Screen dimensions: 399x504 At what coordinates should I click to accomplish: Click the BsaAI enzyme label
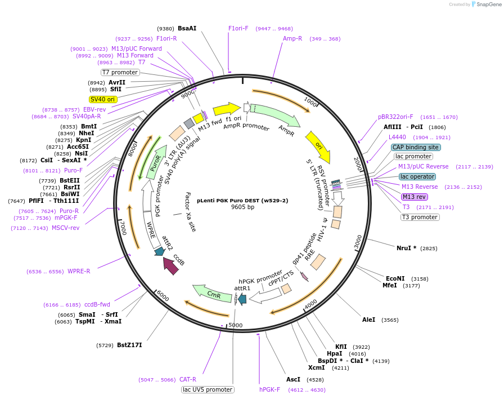pos(187,28)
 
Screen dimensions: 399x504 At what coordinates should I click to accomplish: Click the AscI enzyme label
pos(293,379)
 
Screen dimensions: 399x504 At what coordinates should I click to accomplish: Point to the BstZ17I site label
pos(129,345)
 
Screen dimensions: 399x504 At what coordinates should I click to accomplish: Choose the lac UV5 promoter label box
pos(208,389)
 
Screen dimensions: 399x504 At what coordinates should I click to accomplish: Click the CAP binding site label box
pos(416,147)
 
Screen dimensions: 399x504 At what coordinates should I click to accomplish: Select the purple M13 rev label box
pos(414,197)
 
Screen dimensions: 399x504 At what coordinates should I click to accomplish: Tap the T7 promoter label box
pos(120,72)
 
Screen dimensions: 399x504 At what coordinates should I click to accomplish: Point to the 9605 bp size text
pos(242,207)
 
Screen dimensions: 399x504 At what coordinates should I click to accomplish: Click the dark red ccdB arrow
pos(170,265)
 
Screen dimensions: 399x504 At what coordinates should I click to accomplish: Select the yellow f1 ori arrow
pos(226,108)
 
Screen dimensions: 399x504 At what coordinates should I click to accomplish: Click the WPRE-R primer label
pos(79,271)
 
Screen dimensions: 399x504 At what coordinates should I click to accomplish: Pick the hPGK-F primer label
pos(269,389)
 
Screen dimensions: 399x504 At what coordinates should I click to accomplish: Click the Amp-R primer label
pos(292,38)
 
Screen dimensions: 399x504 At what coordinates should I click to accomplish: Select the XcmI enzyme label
pos(316,368)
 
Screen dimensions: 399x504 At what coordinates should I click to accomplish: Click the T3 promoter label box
pos(419,217)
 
